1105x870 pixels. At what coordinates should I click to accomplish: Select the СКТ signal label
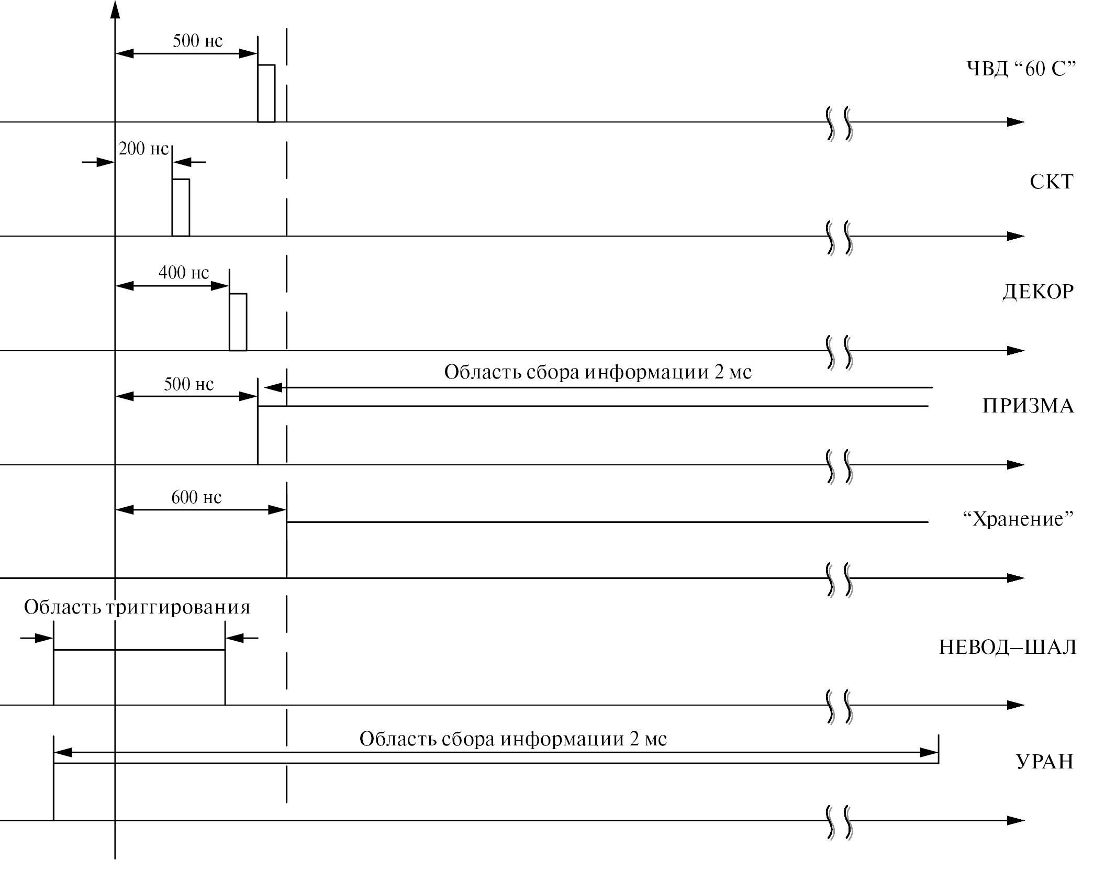point(1051,182)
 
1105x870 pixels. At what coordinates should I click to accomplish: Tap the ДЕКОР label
point(1038,292)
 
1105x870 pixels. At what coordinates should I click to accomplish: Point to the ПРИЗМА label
point(1028,406)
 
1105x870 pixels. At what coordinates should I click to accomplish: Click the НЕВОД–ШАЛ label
point(1008,648)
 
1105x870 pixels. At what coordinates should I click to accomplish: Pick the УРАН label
point(1045,762)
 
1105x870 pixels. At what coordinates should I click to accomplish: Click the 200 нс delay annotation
point(143,149)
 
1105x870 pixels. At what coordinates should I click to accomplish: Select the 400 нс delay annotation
point(183,273)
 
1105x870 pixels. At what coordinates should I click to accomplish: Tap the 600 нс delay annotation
point(196,497)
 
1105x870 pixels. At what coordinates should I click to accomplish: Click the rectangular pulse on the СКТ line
point(181,207)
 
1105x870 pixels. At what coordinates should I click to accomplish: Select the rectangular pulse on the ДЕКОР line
point(238,321)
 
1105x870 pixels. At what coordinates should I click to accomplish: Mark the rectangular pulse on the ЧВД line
point(266,93)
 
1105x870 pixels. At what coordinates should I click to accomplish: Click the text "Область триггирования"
point(137,607)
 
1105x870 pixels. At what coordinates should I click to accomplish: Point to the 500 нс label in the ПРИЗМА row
point(188,384)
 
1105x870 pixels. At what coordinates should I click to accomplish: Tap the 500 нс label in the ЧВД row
point(197,41)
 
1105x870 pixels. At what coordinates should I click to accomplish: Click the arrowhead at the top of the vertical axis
point(115,9)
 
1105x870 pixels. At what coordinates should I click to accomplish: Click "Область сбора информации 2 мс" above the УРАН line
point(513,739)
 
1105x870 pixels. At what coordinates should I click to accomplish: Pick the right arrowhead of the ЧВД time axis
point(1015,122)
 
